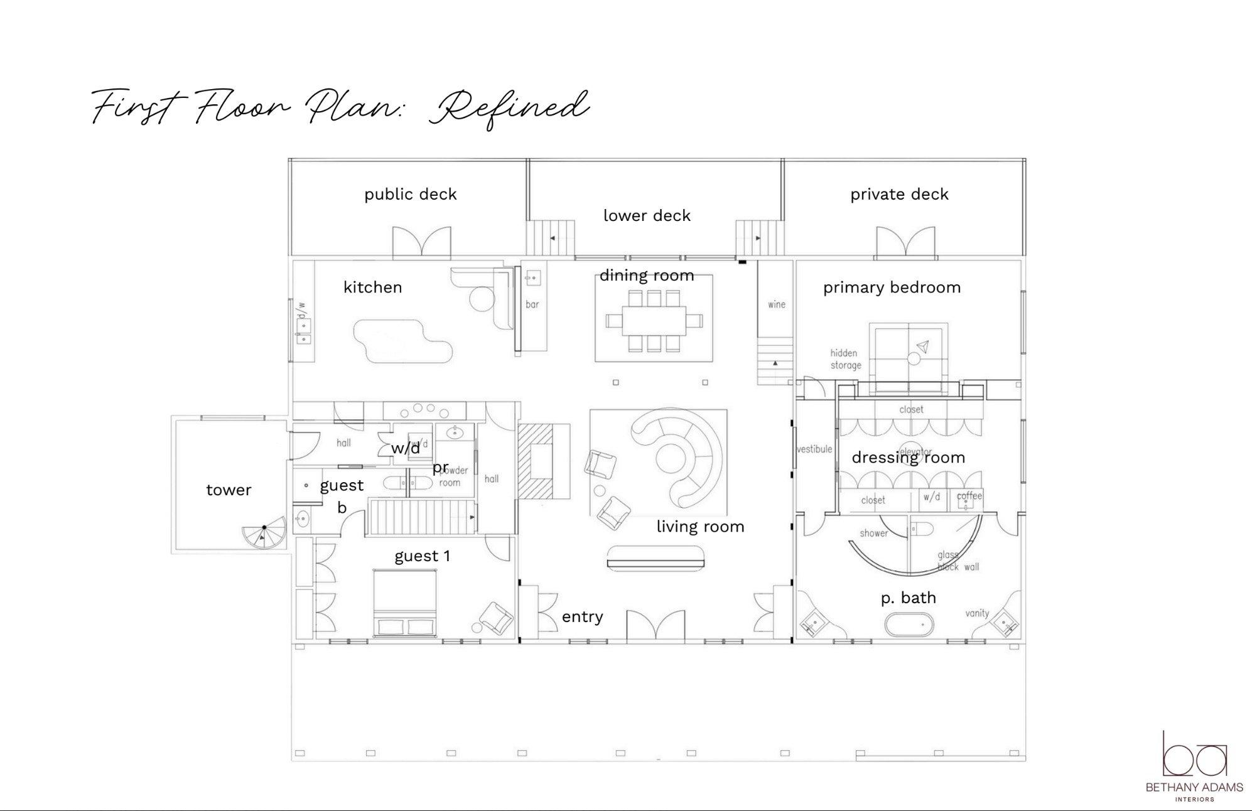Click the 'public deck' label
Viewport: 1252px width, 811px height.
point(410,195)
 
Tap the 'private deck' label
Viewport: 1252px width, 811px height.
point(899,195)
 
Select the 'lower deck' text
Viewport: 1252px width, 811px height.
point(647,216)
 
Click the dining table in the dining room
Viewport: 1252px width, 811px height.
point(654,321)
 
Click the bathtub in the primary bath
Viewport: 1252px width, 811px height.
point(909,625)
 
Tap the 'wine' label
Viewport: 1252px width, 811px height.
point(777,304)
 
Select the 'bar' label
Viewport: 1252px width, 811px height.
point(532,304)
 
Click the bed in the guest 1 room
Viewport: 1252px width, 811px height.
point(405,603)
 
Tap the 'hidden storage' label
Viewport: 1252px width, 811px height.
point(845,359)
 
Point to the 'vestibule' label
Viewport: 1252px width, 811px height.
point(814,449)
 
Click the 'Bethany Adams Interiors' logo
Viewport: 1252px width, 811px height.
point(1194,766)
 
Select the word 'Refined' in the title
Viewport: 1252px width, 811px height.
point(509,108)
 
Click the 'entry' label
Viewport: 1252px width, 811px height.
point(582,617)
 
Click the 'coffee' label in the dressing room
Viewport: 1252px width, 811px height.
point(969,496)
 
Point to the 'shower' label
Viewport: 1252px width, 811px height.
point(873,534)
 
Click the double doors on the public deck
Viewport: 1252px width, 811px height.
point(422,242)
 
